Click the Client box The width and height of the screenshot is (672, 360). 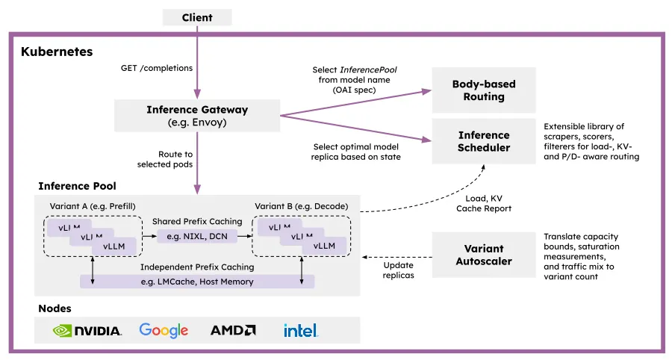(x=197, y=18)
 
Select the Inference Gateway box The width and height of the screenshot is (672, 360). (x=197, y=116)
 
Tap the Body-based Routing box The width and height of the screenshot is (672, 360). (x=484, y=90)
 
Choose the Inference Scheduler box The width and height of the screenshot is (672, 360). (x=484, y=141)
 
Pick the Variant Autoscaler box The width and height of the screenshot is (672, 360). (x=484, y=255)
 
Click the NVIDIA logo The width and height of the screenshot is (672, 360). (x=87, y=331)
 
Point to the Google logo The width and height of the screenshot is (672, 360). (x=164, y=330)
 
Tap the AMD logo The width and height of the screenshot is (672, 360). (x=233, y=330)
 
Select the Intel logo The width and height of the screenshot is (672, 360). (x=300, y=330)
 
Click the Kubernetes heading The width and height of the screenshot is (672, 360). (x=57, y=52)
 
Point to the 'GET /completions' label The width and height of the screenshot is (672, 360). (x=157, y=68)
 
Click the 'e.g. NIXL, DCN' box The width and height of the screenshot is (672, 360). (x=197, y=236)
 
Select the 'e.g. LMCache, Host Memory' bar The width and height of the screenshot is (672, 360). (x=197, y=282)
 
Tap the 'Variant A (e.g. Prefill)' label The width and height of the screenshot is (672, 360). (x=93, y=206)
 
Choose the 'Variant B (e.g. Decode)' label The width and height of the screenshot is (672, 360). (x=302, y=206)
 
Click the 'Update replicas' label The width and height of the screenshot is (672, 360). (x=399, y=270)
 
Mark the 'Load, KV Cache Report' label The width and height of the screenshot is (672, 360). (x=484, y=203)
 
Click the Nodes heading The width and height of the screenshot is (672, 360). (x=55, y=308)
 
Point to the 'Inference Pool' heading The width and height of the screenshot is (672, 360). (x=77, y=186)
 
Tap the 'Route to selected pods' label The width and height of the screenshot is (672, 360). (x=165, y=159)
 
